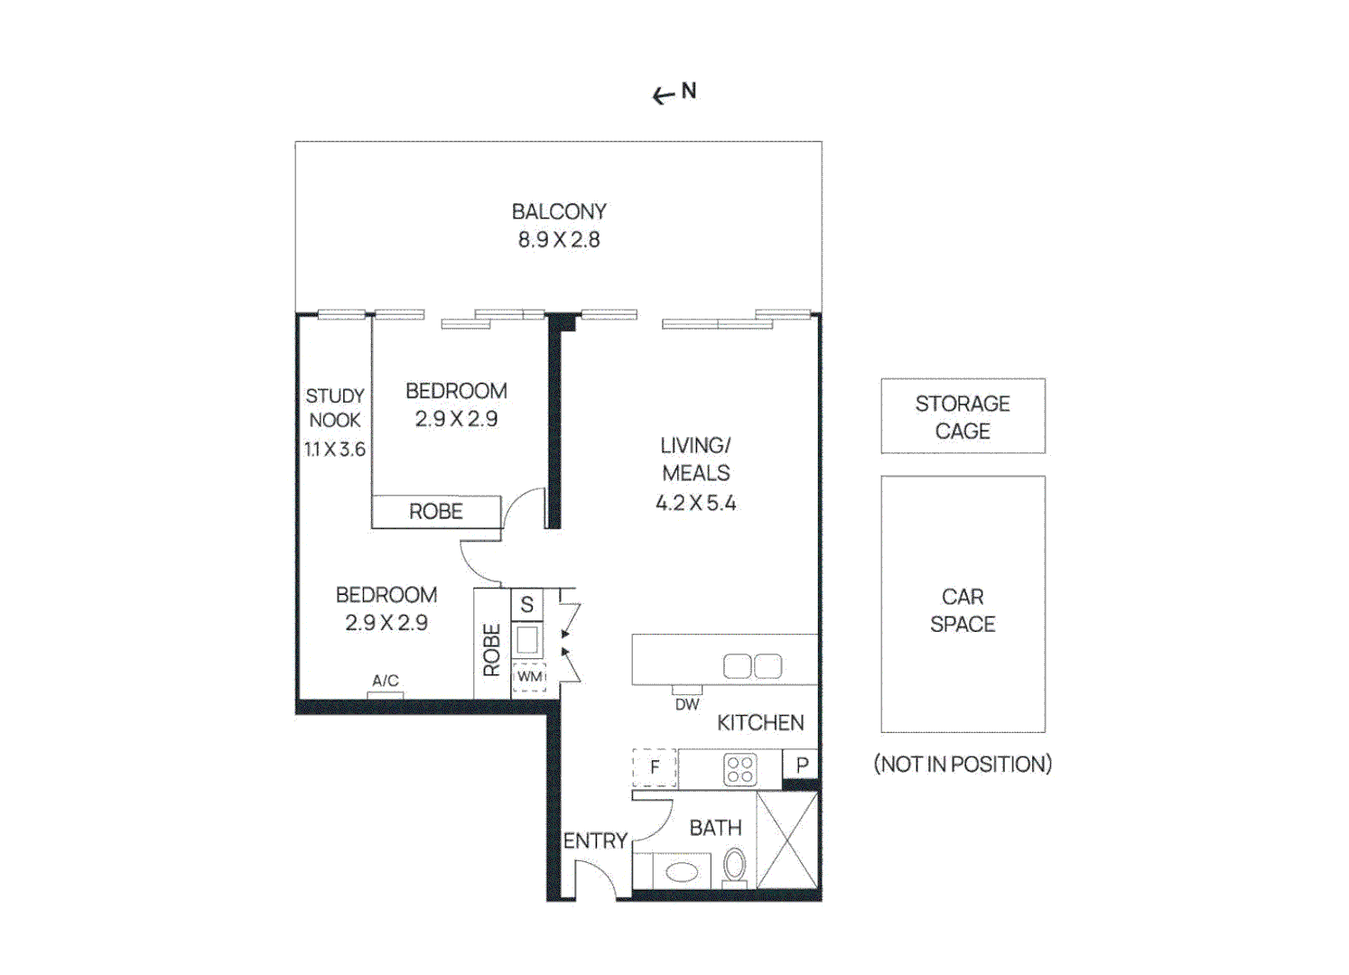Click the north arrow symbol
pos(665,95)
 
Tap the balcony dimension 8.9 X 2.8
pos(558,239)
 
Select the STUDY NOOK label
pos(334,408)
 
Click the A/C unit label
pos(386,681)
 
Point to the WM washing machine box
pos(529,677)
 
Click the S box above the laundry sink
pos(527,605)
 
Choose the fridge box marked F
pos(655,767)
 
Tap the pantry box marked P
pos(802,765)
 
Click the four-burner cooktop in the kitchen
pos(740,769)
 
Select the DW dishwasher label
pos(687,704)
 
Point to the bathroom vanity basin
pos(681,872)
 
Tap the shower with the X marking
pos(787,840)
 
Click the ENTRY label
pos(595,840)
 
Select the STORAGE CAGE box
pos(963,416)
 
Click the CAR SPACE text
pos(963,610)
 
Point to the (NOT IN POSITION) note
pos(963,764)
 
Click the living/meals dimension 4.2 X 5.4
pos(695,503)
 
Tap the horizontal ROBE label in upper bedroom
pos(436,512)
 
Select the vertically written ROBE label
pos(491,649)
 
